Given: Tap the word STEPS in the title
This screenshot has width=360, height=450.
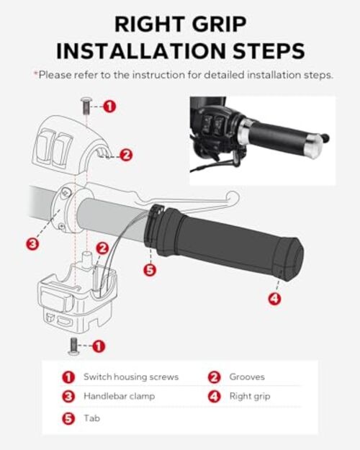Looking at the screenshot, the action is [269, 51].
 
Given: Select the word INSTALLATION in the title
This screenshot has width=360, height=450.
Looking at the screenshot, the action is [141, 51].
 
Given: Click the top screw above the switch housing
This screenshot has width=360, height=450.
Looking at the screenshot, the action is [86, 106].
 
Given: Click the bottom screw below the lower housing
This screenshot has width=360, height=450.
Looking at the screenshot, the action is [73, 346].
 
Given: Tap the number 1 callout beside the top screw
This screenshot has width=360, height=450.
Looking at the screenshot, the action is [109, 107].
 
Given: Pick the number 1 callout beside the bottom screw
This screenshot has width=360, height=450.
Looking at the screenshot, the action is [99, 346].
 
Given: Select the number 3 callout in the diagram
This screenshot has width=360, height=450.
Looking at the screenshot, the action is [32, 244].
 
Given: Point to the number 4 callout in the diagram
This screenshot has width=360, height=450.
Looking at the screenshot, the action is [275, 299].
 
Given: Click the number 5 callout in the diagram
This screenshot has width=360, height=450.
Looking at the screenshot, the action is [150, 270].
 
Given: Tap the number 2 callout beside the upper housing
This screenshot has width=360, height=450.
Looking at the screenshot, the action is [126, 155].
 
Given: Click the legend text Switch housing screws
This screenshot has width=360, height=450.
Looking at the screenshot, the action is [131, 377].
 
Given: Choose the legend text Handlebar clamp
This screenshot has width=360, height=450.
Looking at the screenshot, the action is [119, 396].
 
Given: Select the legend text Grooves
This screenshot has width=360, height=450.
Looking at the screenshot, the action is [247, 377].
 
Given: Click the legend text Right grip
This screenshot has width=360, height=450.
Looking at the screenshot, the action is [250, 397].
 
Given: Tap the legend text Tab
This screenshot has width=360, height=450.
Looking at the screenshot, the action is [92, 418].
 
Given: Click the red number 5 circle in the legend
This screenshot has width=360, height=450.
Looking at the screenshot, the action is [68, 418].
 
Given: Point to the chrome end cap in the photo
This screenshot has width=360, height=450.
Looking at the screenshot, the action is [313, 146].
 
